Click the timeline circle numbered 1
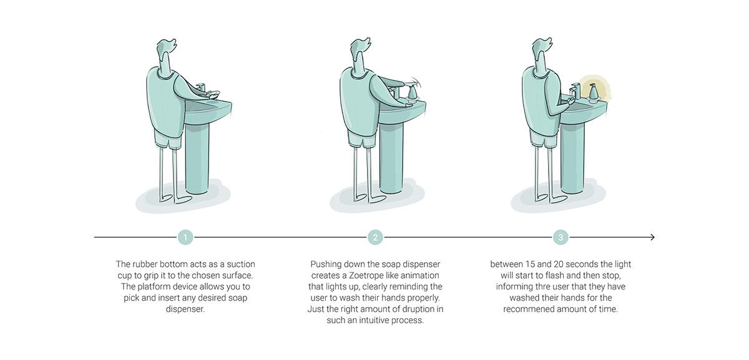(x=185, y=237)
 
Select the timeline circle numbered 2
(x=374, y=237)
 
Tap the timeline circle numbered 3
(x=561, y=237)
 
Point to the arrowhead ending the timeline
(x=652, y=237)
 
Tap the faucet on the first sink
(x=200, y=87)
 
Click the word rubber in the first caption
(x=147, y=265)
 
